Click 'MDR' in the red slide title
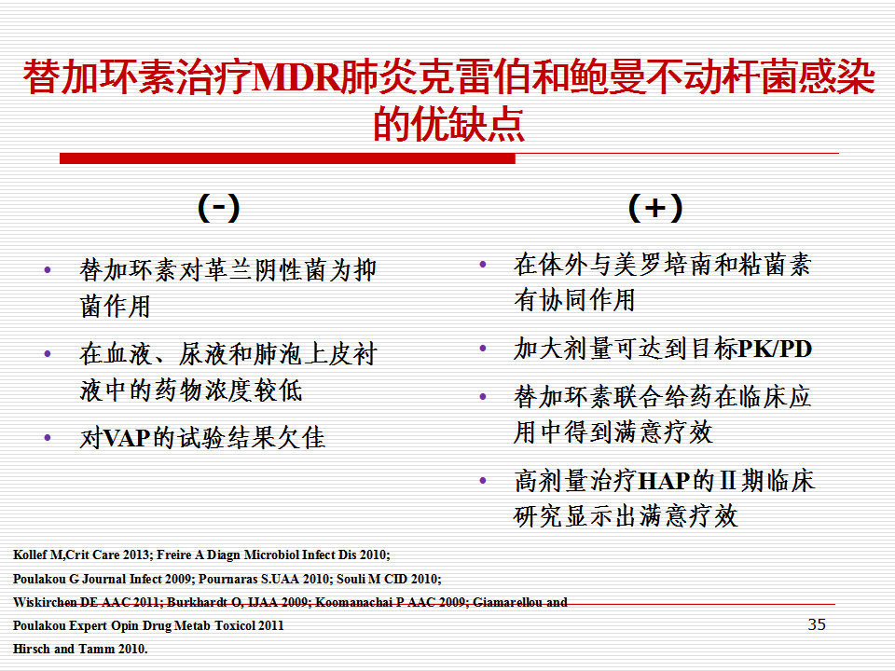point(296,77)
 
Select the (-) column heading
point(218,208)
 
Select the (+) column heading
point(655,208)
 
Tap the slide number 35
point(817,624)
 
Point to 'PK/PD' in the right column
point(775,349)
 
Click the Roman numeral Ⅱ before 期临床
point(727,481)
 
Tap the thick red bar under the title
point(288,158)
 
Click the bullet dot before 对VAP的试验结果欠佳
point(48,438)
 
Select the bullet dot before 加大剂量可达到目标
point(483,348)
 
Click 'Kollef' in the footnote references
point(30,555)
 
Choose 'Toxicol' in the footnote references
point(235,625)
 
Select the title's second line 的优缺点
point(448,124)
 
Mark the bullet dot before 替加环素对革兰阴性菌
point(48,270)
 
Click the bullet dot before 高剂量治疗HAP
point(483,481)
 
